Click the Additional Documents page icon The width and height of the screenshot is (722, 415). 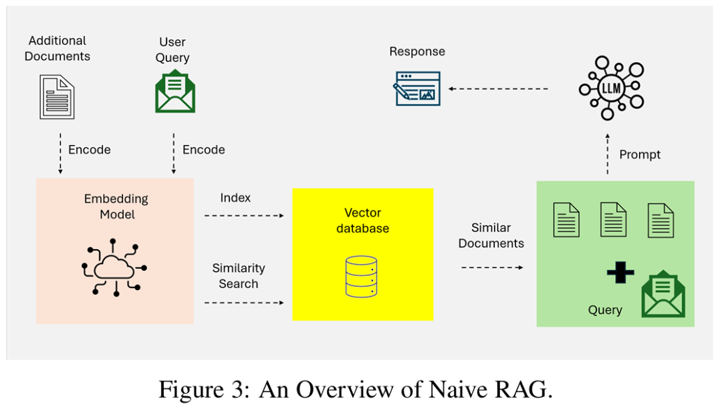pos(57,97)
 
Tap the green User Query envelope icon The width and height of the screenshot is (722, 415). pos(175,91)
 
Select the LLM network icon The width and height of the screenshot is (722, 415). pos(612,88)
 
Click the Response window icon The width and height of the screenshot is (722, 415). pos(416,88)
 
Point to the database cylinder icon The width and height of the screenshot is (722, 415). pos(362,277)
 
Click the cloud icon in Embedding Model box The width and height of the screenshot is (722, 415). pos(114,267)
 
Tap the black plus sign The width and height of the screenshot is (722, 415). pos(620,273)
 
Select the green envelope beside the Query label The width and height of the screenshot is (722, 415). pos(663,294)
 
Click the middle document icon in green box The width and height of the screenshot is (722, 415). pos(613,220)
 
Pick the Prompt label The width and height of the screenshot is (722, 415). pos(640,154)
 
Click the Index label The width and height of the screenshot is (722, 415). pos(235,198)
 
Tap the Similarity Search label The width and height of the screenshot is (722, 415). pos(239,275)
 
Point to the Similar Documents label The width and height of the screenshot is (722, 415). pos(491,235)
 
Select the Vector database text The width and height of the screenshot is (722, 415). pos(363,221)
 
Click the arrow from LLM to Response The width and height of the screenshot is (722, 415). pos(498,89)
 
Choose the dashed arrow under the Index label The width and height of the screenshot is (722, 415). pos(244,215)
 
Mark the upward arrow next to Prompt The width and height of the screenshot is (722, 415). pos(607,154)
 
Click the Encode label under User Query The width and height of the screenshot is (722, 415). pos(203,150)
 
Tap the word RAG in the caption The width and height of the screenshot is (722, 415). pos(523,390)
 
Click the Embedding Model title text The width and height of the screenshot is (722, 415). pos(116,206)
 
